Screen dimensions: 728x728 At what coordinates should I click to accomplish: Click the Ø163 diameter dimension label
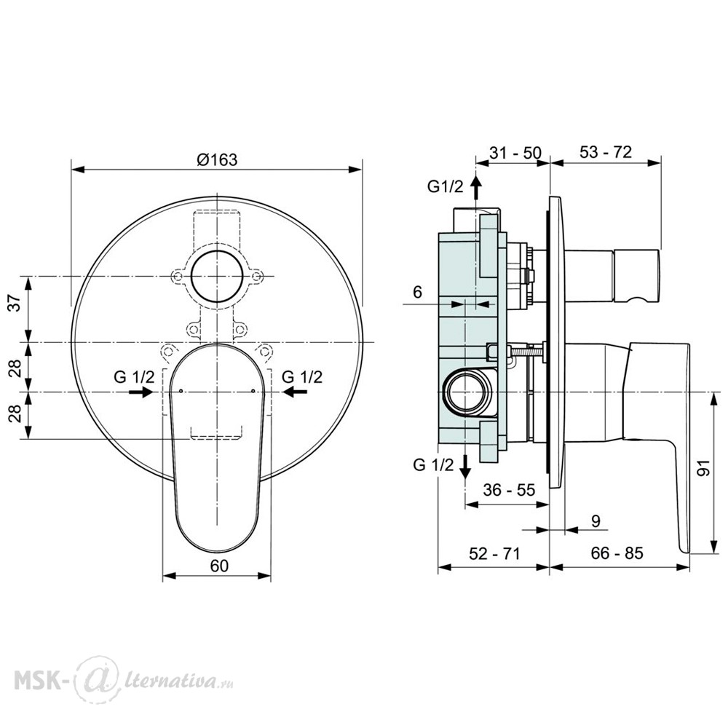click(x=217, y=159)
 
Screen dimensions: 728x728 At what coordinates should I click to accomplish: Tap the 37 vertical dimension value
click(x=16, y=303)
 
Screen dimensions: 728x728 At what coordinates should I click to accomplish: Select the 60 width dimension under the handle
click(x=219, y=566)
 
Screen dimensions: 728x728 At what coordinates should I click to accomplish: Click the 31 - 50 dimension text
click(x=515, y=152)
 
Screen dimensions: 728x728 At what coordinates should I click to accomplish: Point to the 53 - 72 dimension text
click(x=606, y=152)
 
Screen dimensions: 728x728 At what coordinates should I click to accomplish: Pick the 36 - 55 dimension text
click(x=509, y=490)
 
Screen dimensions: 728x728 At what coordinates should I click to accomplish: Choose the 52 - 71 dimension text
click(x=494, y=553)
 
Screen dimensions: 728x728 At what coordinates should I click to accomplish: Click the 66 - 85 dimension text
click(x=617, y=553)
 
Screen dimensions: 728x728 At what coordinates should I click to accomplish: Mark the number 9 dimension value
click(x=596, y=521)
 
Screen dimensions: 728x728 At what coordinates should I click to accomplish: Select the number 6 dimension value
click(x=417, y=292)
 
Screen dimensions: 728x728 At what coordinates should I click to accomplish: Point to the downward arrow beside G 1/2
click(x=464, y=467)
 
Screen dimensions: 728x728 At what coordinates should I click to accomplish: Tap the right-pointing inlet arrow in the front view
click(x=141, y=392)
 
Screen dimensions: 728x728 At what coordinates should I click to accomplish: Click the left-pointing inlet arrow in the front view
click(x=294, y=392)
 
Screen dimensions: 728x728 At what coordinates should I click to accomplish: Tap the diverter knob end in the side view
click(x=636, y=276)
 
